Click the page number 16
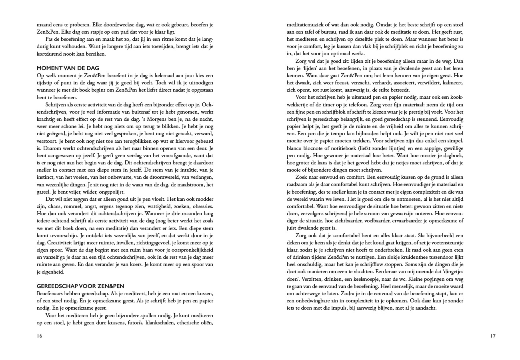click(x=39, y=336)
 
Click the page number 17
click(x=493, y=336)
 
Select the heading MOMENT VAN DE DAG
click(x=68, y=68)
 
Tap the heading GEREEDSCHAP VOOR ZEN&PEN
click(x=80, y=286)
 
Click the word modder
click(x=204, y=199)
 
